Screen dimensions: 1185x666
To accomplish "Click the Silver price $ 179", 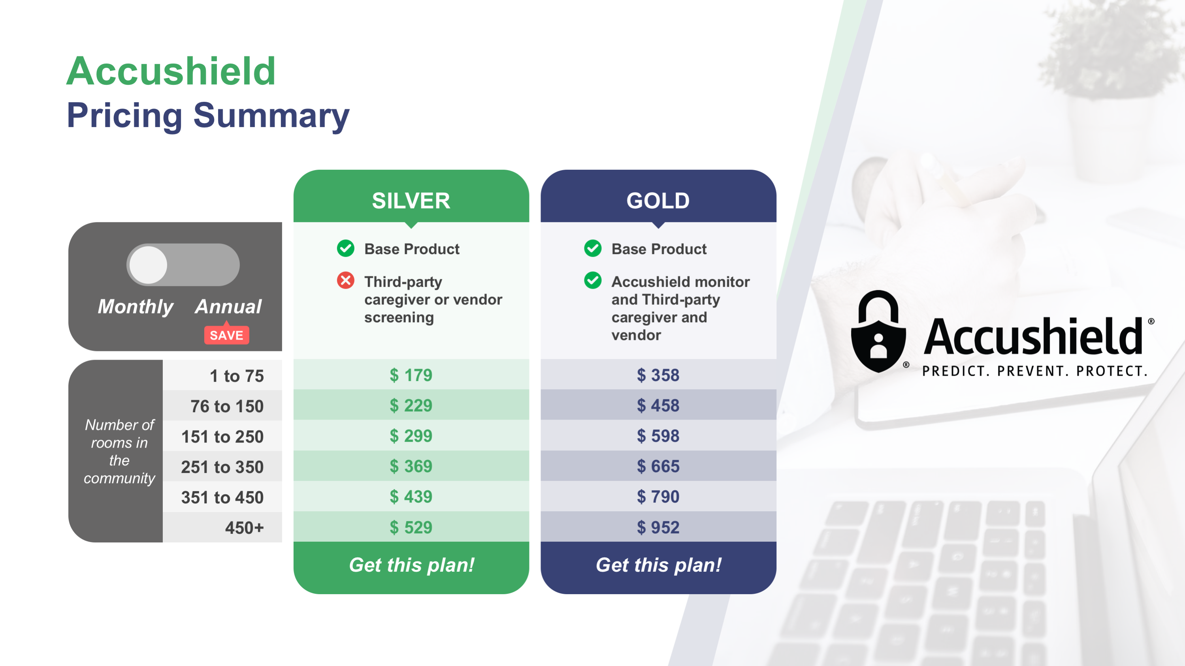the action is pyautogui.click(x=411, y=375).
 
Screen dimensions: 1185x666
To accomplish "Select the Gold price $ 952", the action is pyautogui.click(x=658, y=527).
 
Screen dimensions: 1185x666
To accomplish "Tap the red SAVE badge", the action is pyautogui.click(x=226, y=335).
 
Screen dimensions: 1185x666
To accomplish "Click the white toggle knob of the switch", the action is pyautogui.click(x=148, y=265).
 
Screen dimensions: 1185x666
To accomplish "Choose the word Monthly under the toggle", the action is pyautogui.click(x=135, y=307).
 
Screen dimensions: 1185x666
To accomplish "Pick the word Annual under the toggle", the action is pyautogui.click(x=228, y=307).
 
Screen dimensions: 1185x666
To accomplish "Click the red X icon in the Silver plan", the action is pyautogui.click(x=345, y=280).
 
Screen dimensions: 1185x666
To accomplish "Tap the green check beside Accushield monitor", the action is pyautogui.click(x=593, y=280).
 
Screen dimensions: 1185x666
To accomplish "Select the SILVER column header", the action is pyautogui.click(x=411, y=201).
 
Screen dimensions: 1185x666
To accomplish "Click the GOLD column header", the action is pyautogui.click(x=658, y=201).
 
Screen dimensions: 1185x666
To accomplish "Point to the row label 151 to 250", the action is pyautogui.click(x=222, y=437).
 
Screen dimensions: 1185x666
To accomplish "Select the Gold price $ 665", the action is pyautogui.click(x=658, y=466).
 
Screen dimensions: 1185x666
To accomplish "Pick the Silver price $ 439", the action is pyautogui.click(x=411, y=496).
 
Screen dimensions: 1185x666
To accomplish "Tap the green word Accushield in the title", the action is pyautogui.click(x=171, y=71).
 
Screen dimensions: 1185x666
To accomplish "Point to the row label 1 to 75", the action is pyautogui.click(x=236, y=376).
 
